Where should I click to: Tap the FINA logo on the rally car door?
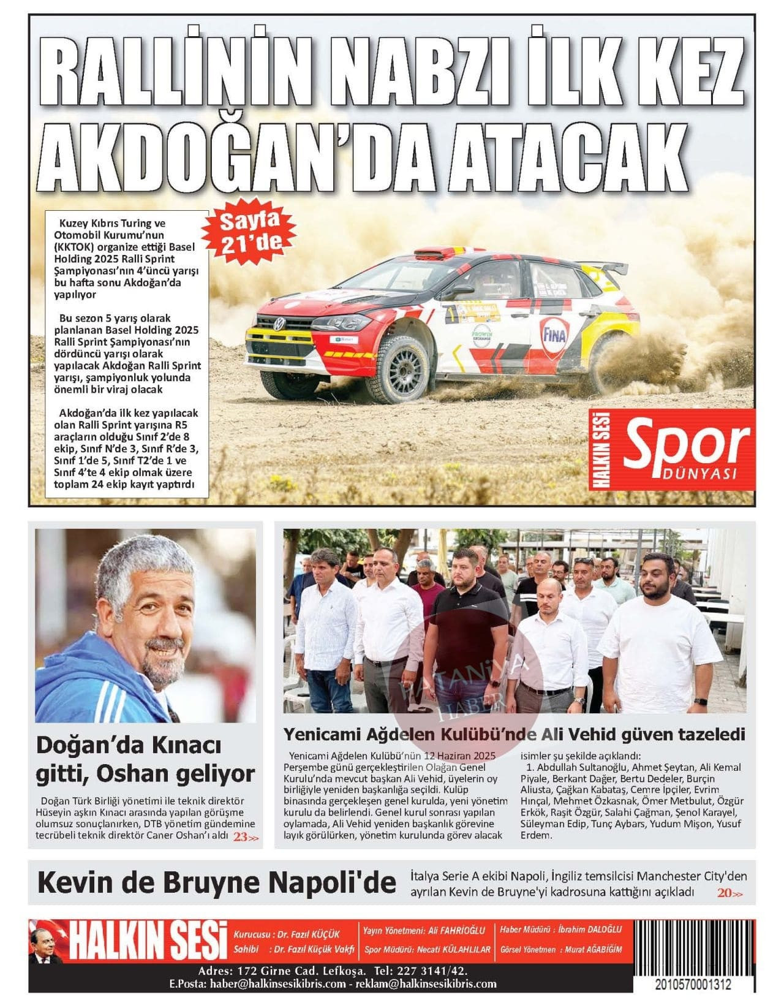[553, 335]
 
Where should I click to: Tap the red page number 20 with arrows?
[729, 893]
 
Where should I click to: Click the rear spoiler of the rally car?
[603, 268]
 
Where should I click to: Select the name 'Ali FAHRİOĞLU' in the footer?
[458, 930]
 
